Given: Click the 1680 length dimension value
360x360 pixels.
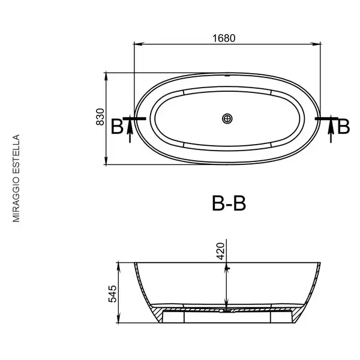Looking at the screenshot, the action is click(224, 38).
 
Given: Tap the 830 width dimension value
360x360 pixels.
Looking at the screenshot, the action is click(100, 117).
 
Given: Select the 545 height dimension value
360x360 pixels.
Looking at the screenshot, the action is click(113, 294).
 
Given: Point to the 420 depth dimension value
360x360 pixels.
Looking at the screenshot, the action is click(220, 251).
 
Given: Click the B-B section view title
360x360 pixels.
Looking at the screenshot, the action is click(229, 203).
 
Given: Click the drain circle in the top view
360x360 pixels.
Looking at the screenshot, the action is click(227, 119).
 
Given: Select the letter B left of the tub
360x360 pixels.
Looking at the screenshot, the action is click(117, 127).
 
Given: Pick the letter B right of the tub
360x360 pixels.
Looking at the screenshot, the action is click(343, 127).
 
